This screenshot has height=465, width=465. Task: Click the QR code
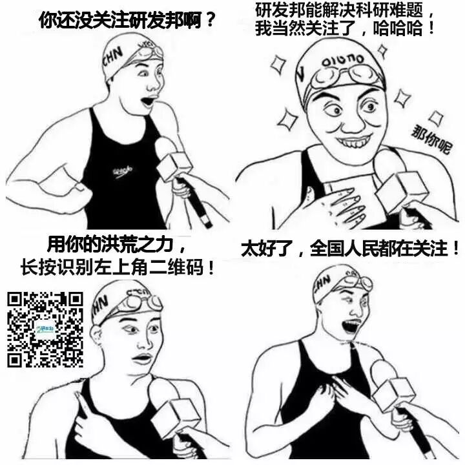(45, 329)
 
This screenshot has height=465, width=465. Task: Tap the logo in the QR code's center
(45, 329)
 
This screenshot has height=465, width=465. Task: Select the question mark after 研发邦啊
(210, 19)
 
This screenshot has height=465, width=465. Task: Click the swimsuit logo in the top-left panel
(122, 171)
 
